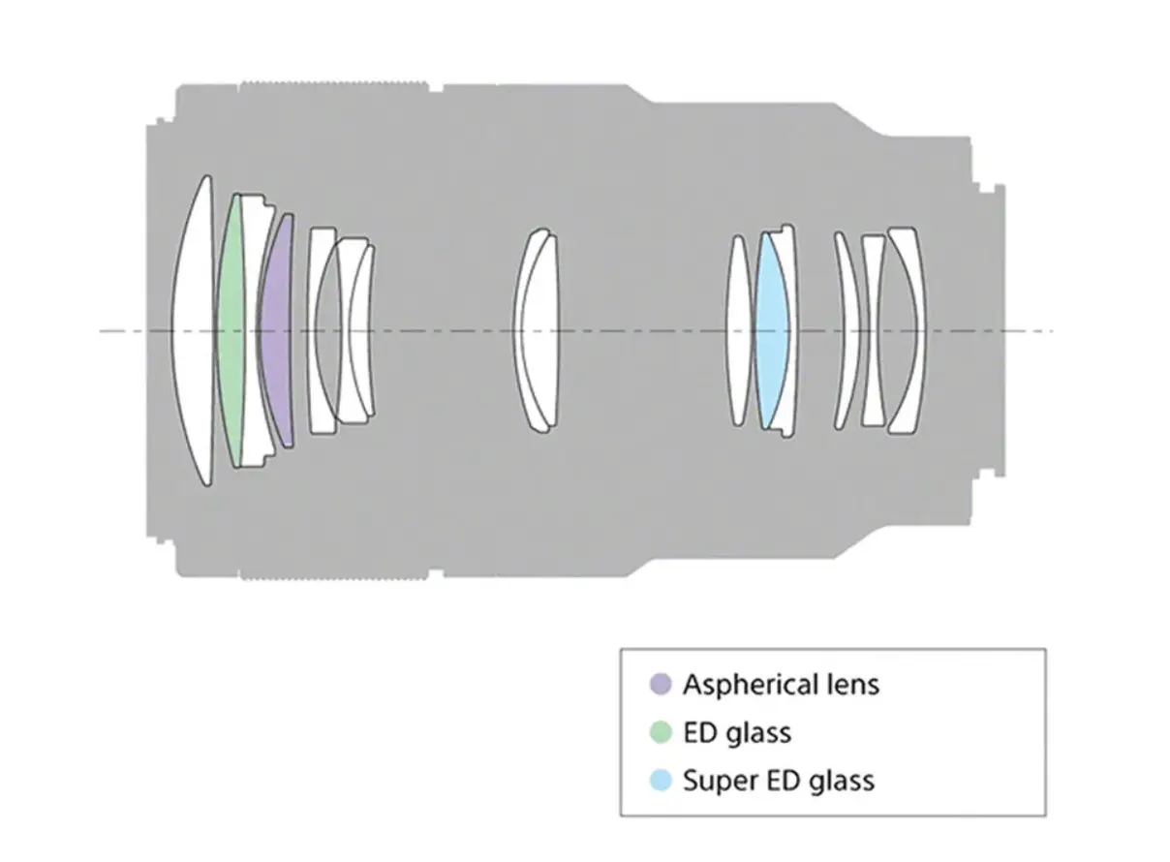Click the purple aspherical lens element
(277, 331)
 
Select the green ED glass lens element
(231, 331)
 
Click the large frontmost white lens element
(195, 331)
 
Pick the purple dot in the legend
(661, 685)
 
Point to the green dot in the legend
(661, 732)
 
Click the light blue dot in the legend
(661, 780)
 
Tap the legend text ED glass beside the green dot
(737, 732)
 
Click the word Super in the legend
(713, 781)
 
